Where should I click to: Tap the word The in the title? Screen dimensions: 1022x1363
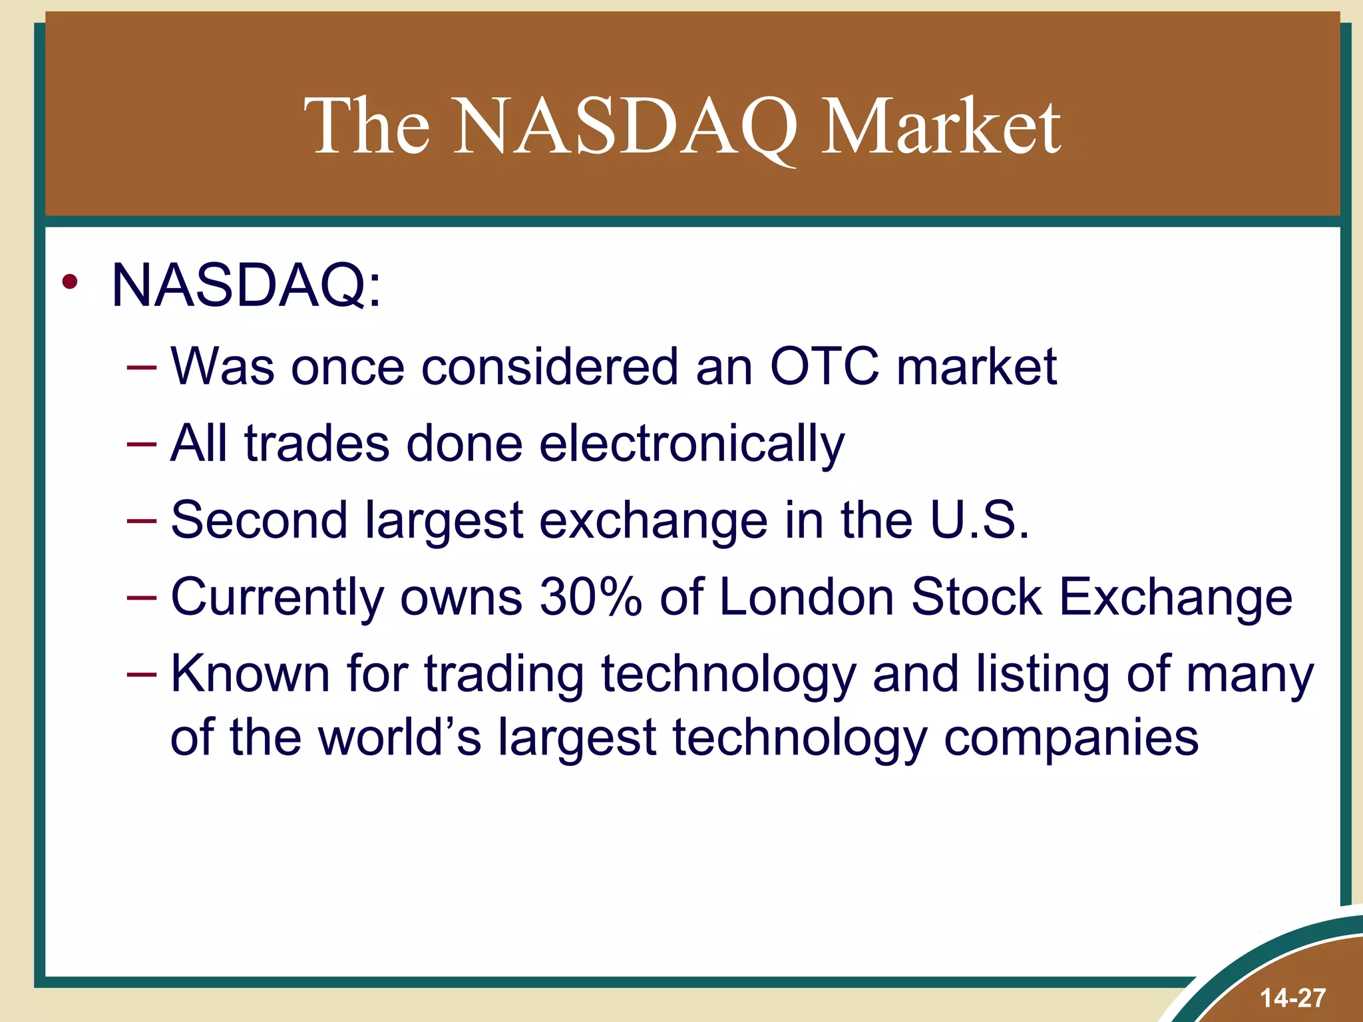coord(367,126)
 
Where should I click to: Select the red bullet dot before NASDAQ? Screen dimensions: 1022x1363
coord(70,283)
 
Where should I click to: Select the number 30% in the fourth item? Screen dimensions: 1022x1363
coord(591,597)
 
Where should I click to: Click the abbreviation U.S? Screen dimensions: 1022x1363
coord(980,520)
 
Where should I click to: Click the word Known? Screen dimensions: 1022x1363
coord(250,674)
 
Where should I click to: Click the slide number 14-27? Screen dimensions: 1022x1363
coord(1292,998)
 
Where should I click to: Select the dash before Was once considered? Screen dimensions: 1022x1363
coord(142,367)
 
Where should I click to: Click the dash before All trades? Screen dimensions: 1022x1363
coord(142,444)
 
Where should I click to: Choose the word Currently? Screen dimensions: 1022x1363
coord(277,597)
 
